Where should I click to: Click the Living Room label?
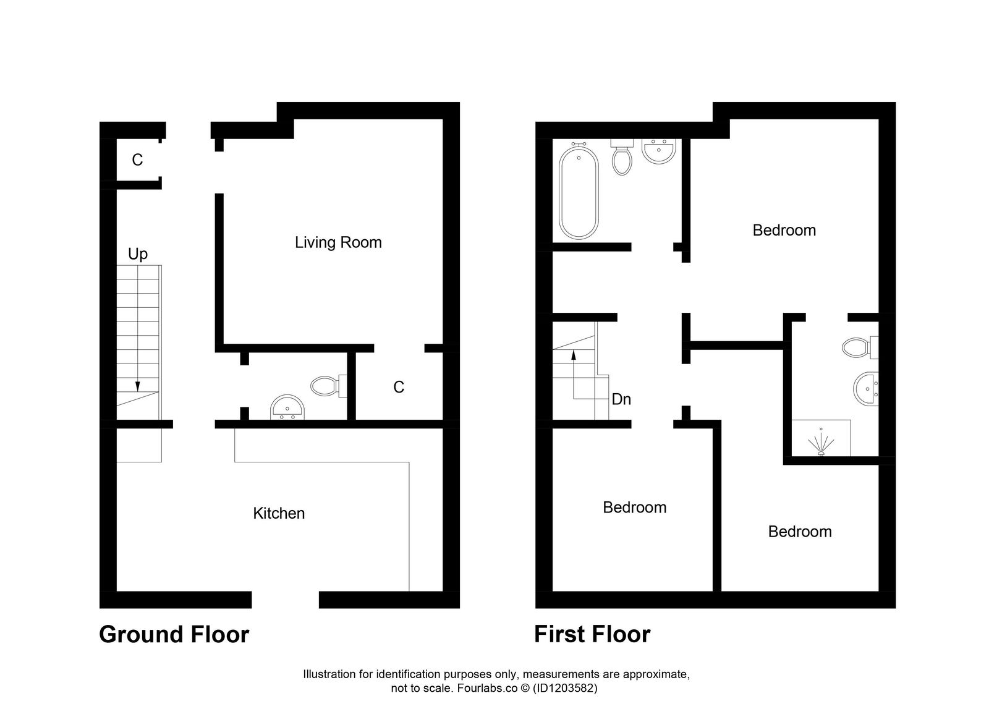pos(338,242)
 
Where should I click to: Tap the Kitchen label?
pos(279,513)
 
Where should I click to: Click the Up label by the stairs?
pos(138,254)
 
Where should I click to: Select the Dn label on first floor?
pos(621,399)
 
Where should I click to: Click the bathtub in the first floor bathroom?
pos(579,192)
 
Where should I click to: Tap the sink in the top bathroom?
pos(659,151)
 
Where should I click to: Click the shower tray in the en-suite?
pos(821,438)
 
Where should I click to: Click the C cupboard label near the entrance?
pos(137,160)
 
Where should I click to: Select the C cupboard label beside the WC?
pos(399,387)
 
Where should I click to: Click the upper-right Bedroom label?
pos(784,231)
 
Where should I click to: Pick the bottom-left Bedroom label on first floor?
pos(634,508)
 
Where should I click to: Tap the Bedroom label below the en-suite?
pos(799,532)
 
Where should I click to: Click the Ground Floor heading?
pos(174,635)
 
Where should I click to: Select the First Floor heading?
pos(592,635)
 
